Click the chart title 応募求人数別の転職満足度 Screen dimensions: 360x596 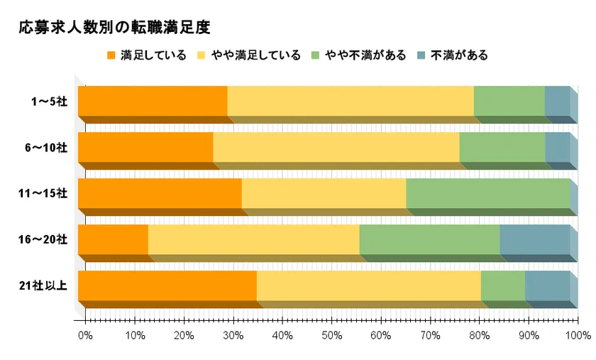coord(114,28)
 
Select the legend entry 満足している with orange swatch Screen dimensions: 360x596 coord(146,55)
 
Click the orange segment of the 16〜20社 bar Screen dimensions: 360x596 coord(113,239)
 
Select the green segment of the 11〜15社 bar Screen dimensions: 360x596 coord(487,193)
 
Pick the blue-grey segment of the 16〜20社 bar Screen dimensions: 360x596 coord(534,239)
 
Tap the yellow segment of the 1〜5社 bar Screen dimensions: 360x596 coord(350,101)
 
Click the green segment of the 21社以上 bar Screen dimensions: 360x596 coord(502,285)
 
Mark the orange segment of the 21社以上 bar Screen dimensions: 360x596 coord(167,285)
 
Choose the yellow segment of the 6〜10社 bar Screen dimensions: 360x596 coord(336,147)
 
